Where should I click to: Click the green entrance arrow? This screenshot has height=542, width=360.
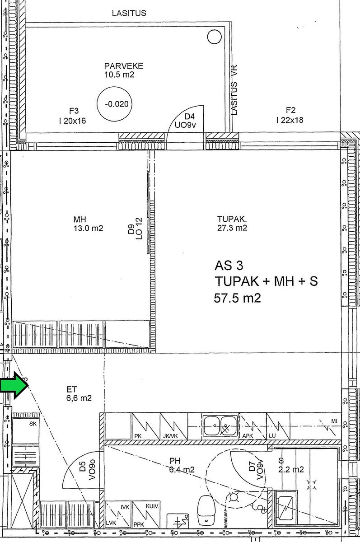click(14, 385)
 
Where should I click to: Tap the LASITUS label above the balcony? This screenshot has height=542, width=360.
click(129, 13)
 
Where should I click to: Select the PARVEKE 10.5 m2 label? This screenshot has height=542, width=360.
click(124, 70)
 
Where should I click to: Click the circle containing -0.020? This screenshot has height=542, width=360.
click(114, 104)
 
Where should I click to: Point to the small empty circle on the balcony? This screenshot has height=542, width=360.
click(215, 37)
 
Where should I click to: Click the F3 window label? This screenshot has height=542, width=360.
click(73, 116)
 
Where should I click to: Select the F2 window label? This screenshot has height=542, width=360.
click(290, 115)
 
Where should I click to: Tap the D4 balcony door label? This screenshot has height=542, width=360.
click(185, 121)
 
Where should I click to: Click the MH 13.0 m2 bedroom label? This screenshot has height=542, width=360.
click(89, 224)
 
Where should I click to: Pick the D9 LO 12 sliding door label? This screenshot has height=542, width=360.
click(135, 229)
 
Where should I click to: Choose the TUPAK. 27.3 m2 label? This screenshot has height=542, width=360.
click(232, 224)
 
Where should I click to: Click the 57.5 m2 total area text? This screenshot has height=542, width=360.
click(237, 298)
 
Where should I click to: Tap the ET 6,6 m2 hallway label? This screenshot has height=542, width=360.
click(79, 394)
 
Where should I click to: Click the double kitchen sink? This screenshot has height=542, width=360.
click(220, 425)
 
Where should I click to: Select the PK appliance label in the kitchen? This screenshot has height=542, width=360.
click(138, 436)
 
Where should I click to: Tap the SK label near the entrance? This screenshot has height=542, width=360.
click(33, 424)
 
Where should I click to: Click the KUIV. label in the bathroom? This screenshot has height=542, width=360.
click(152, 506)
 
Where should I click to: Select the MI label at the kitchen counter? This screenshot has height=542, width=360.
click(334, 421)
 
